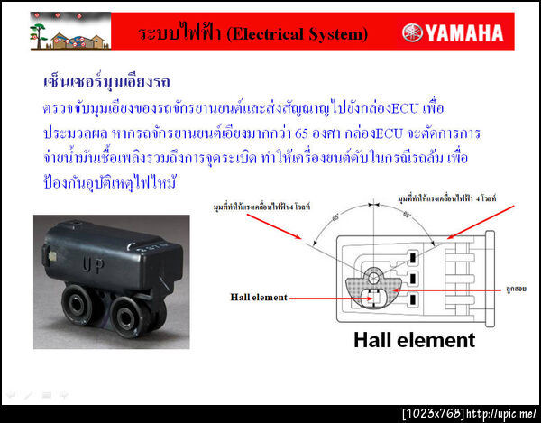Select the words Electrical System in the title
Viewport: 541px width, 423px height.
click(297, 33)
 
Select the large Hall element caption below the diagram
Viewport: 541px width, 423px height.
click(414, 340)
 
